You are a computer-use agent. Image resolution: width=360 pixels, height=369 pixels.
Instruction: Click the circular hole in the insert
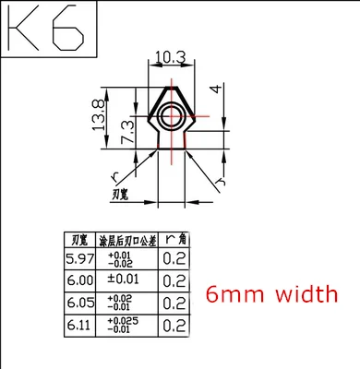[172, 115]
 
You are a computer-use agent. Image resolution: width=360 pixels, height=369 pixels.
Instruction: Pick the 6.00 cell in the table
[78, 280]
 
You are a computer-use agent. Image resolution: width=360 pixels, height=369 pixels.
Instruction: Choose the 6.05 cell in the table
[78, 303]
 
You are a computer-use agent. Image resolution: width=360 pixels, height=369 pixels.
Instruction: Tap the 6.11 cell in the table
[78, 325]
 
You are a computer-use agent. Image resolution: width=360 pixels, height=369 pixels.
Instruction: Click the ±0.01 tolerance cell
[123, 280]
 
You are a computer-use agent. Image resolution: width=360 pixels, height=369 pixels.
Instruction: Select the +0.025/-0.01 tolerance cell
[123, 325]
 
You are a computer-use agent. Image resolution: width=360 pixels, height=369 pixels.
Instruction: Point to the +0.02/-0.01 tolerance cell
[123, 303]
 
